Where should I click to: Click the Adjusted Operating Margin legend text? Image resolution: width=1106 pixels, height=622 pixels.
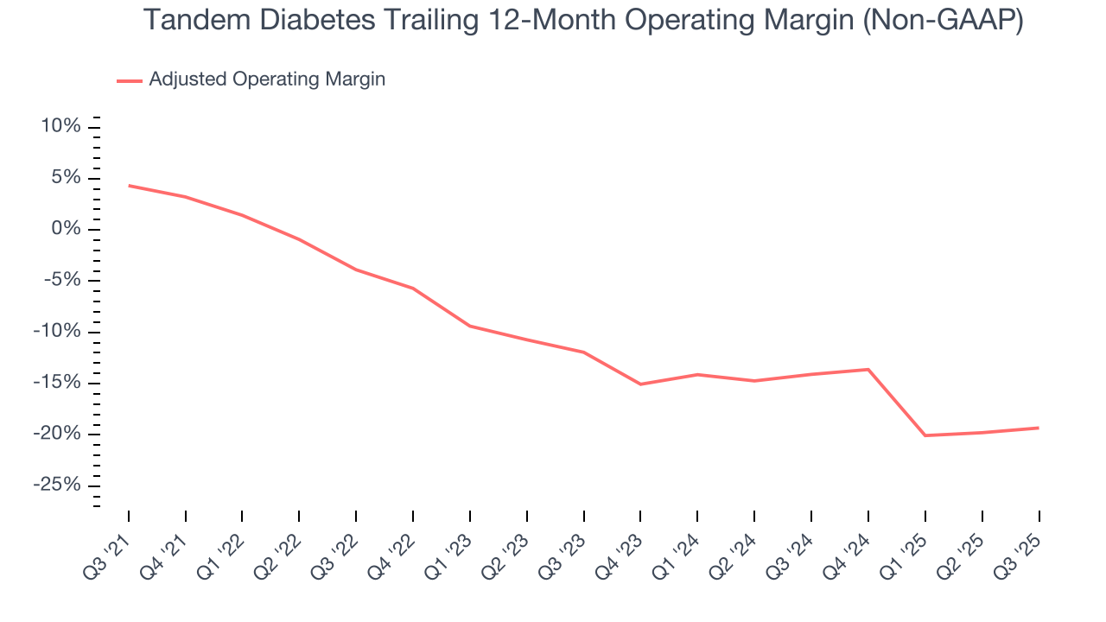(x=267, y=79)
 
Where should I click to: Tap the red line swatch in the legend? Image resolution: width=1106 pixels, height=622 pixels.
(x=130, y=80)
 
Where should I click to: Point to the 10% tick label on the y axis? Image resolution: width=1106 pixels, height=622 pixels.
(x=60, y=127)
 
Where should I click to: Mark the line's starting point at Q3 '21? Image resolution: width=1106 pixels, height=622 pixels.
(x=129, y=186)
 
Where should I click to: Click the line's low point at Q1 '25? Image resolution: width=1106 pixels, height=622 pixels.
(x=925, y=435)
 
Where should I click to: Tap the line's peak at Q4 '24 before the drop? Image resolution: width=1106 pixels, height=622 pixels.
(x=868, y=370)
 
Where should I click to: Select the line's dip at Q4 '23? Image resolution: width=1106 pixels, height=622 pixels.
(x=640, y=384)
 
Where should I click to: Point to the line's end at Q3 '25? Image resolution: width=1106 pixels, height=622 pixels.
(x=1038, y=428)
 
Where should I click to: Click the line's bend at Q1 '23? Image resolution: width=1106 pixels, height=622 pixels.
(x=469, y=326)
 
